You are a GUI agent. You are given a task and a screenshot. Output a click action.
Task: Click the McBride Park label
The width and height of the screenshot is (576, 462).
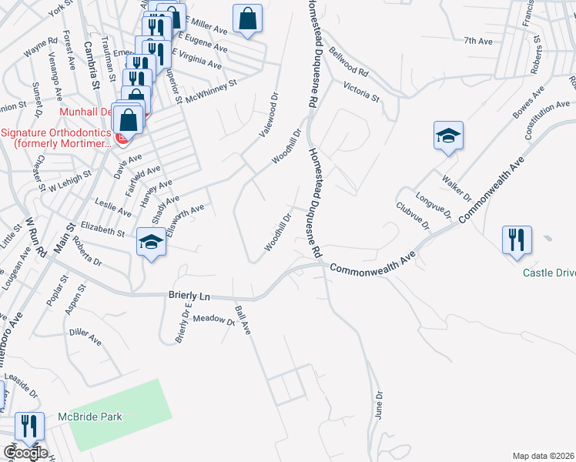pos(90,417)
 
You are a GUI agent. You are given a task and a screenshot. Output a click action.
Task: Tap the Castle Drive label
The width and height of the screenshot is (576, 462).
pos(549,273)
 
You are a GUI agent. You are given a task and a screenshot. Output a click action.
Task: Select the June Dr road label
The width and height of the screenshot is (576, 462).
pos(379,407)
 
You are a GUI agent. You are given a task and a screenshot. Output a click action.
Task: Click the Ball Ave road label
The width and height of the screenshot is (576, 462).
pos(243,323)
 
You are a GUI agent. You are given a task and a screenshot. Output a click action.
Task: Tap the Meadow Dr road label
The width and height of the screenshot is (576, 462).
pos(213,319)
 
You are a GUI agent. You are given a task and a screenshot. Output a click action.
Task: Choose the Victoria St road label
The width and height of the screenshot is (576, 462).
pos(362,92)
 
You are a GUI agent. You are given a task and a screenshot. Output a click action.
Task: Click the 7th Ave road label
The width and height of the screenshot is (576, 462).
pos(477,40)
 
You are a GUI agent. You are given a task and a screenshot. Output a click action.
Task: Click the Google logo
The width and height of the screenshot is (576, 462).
pos(25,453)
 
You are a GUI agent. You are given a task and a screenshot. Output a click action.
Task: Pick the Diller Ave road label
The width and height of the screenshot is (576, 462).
pos(85,336)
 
